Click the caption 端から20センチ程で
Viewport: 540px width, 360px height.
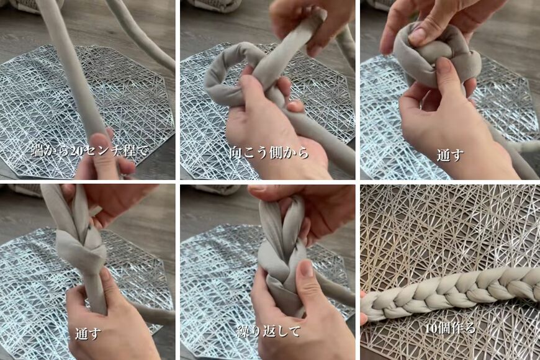coord(91,150)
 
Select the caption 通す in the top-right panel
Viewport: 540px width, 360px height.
coord(449,155)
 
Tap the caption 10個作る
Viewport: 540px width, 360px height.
coord(449,328)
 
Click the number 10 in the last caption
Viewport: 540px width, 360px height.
coord(433,328)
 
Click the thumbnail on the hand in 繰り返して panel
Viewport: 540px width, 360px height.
coord(306,268)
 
